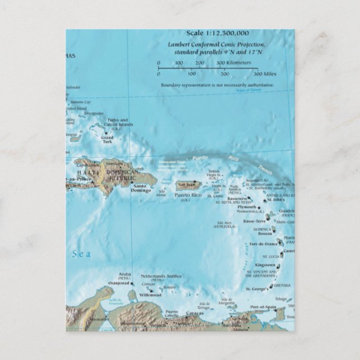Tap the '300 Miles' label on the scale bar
click(266, 74)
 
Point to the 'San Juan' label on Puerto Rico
click(186, 184)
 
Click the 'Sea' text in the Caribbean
click(81, 254)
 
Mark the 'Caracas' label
click(195, 313)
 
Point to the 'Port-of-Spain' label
click(263, 307)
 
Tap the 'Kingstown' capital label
click(265, 264)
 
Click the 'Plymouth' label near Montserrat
click(247, 207)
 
